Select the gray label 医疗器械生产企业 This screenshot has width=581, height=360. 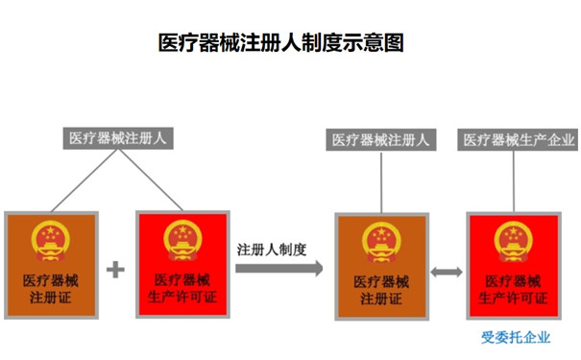coord(519,139)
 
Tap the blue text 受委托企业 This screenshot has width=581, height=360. coord(516,337)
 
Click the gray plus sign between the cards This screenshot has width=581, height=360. coord(115,269)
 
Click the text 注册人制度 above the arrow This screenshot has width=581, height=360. coord(272,249)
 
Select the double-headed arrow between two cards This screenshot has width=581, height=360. coord(446,273)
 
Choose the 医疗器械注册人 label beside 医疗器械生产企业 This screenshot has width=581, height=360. coord(381,139)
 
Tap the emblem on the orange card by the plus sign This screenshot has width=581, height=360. coord(51,240)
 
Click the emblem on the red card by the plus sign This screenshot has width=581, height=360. coord(182,240)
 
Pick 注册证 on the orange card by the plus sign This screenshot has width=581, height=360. coord(51,298)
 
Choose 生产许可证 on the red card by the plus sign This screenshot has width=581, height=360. coord(182,298)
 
